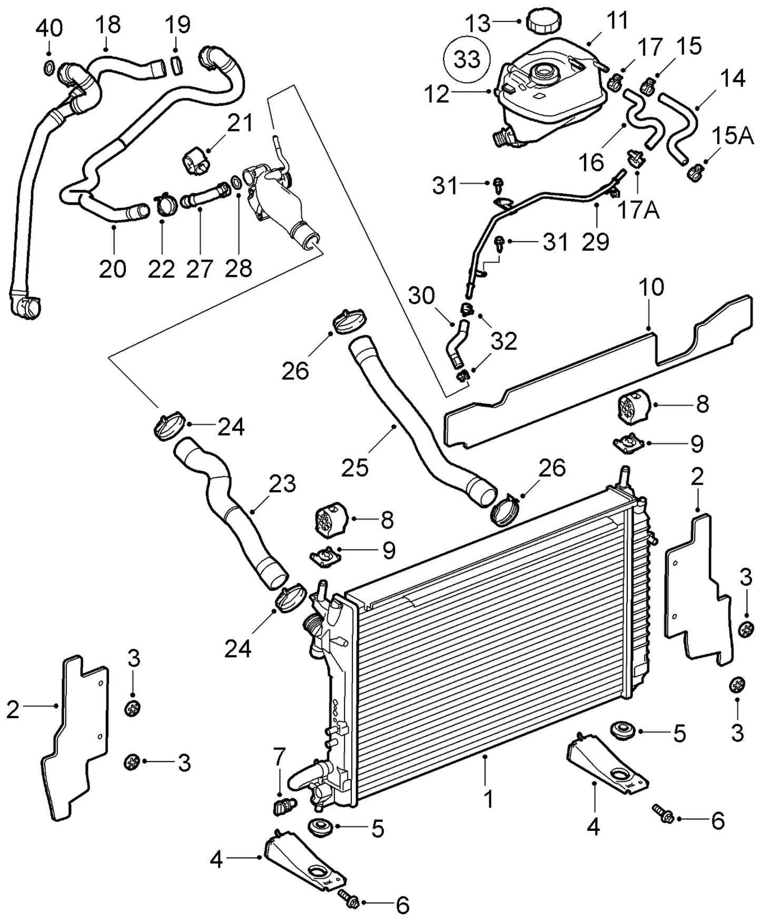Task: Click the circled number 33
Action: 467,60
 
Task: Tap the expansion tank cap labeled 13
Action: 544,21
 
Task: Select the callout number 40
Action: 49,28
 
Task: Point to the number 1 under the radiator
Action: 488,799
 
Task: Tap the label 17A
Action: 638,210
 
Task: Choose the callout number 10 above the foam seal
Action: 651,288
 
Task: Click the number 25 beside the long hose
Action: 354,467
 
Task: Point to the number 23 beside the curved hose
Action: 282,484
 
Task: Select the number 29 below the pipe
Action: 595,241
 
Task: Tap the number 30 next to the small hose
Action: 421,296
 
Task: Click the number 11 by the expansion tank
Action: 616,21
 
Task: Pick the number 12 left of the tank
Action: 436,95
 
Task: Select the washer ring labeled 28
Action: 237,183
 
